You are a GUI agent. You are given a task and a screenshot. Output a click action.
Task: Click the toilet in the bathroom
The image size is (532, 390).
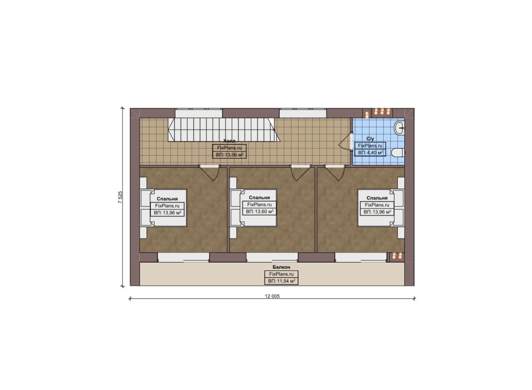coord(398,152)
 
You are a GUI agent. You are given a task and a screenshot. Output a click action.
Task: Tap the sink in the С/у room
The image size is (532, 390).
coord(399,128)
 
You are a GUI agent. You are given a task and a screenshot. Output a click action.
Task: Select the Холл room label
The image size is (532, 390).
coord(229,141)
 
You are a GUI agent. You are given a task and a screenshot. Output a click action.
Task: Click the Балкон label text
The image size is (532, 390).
coord(281,267)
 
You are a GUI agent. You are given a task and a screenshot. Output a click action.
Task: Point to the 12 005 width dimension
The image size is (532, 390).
coord(272,296)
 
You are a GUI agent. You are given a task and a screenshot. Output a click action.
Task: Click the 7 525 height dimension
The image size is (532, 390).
coord(120,197)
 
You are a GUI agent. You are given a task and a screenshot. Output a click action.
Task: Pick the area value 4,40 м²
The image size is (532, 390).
coord(370,152)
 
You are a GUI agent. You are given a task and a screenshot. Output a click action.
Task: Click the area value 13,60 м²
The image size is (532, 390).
coord(259,211)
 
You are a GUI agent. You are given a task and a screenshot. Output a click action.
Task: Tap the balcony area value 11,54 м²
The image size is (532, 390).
coord(281,281)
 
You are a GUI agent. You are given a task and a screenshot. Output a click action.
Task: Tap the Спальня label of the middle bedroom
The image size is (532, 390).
coord(259,198)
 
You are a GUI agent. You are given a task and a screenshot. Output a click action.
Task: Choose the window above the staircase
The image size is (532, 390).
coord(199,113)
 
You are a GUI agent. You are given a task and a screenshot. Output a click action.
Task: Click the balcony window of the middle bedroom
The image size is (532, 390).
coord(272,258)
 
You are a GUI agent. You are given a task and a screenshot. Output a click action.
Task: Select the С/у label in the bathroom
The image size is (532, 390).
coord(370,139)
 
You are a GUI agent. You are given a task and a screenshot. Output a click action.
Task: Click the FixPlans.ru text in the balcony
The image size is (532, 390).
coord(281,274)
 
